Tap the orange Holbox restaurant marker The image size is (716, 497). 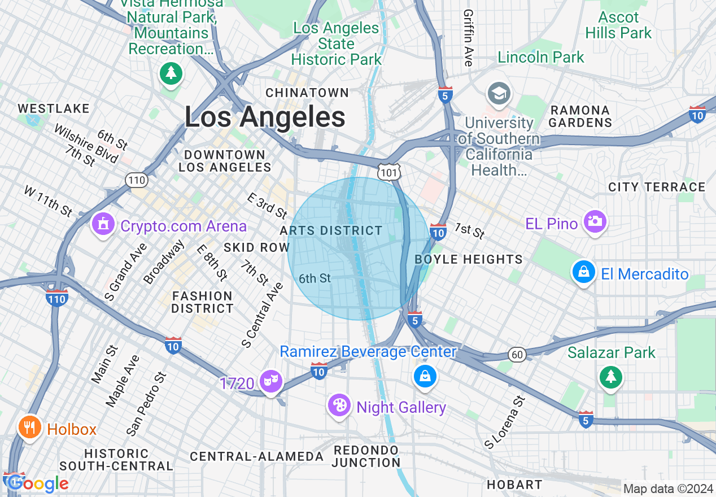point(29,428)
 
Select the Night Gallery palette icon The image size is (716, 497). point(339,405)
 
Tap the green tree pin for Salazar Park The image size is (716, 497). point(610,377)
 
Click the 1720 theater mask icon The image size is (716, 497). point(270,382)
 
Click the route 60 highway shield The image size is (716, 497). point(517,354)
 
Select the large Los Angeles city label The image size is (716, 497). point(265,117)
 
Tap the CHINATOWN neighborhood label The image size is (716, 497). point(307,93)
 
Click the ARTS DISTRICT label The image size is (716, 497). point(331,230)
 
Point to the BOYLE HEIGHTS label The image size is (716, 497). point(469,259)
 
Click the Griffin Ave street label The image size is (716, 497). point(468,37)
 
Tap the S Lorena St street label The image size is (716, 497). point(505,422)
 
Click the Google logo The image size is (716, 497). point(37,483)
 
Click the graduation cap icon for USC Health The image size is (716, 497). point(499,94)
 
